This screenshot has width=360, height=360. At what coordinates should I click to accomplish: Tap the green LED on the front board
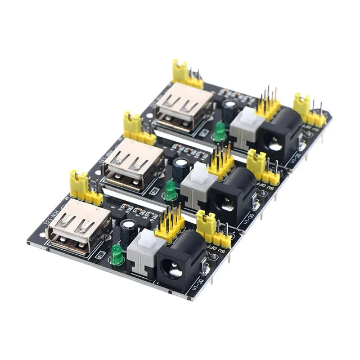pos(116,255)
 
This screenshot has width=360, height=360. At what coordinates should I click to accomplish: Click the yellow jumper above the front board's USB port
pos(78,183)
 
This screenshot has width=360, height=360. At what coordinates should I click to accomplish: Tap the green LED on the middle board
pos(170,190)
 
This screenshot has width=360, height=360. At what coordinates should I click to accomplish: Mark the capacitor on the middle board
pos(182,168)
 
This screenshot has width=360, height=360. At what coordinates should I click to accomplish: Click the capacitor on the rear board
pos(229,110)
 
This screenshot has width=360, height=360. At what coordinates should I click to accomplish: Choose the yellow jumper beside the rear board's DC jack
pos(301,106)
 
